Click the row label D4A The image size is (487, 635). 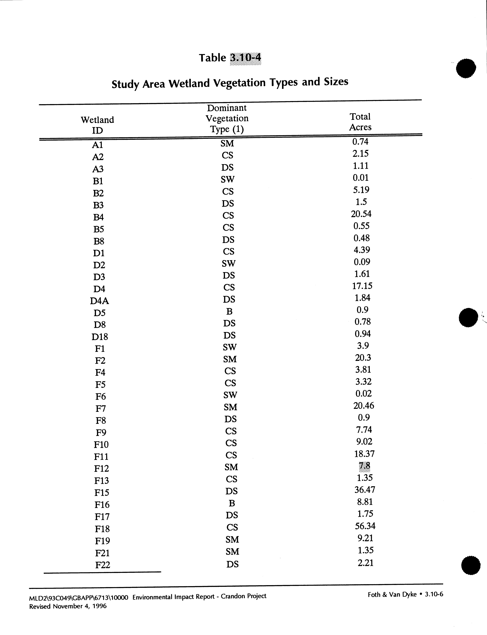(99, 301)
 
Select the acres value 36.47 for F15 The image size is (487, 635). (365, 489)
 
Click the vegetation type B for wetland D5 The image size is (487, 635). (229, 311)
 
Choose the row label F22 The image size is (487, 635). (103, 565)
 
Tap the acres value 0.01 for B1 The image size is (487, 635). (361, 178)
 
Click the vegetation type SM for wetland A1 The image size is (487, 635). (227, 143)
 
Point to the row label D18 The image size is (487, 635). (100, 337)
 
